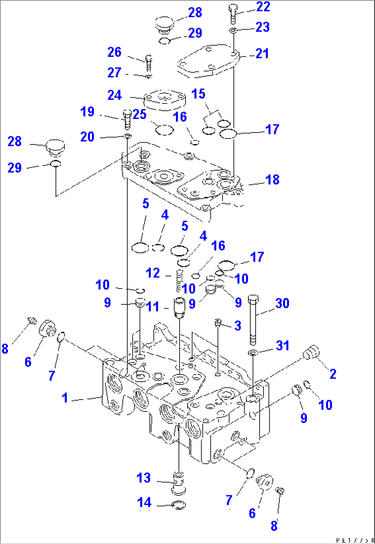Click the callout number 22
[263, 7]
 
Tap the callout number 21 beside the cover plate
[262, 54]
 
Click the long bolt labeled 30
[253, 320]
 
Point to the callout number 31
[282, 346]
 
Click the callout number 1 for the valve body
[65, 398]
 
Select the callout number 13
[143, 478]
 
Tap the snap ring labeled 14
[179, 505]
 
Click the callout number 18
[272, 179]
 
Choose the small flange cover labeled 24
[165, 100]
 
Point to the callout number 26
[114, 52]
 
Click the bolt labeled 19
[127, 119]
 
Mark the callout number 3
[238, 326]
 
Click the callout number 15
[198, 94]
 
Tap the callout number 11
[153, 306]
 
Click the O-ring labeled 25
[164, 130]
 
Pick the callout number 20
[87, 137]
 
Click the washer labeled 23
[233, 31]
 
